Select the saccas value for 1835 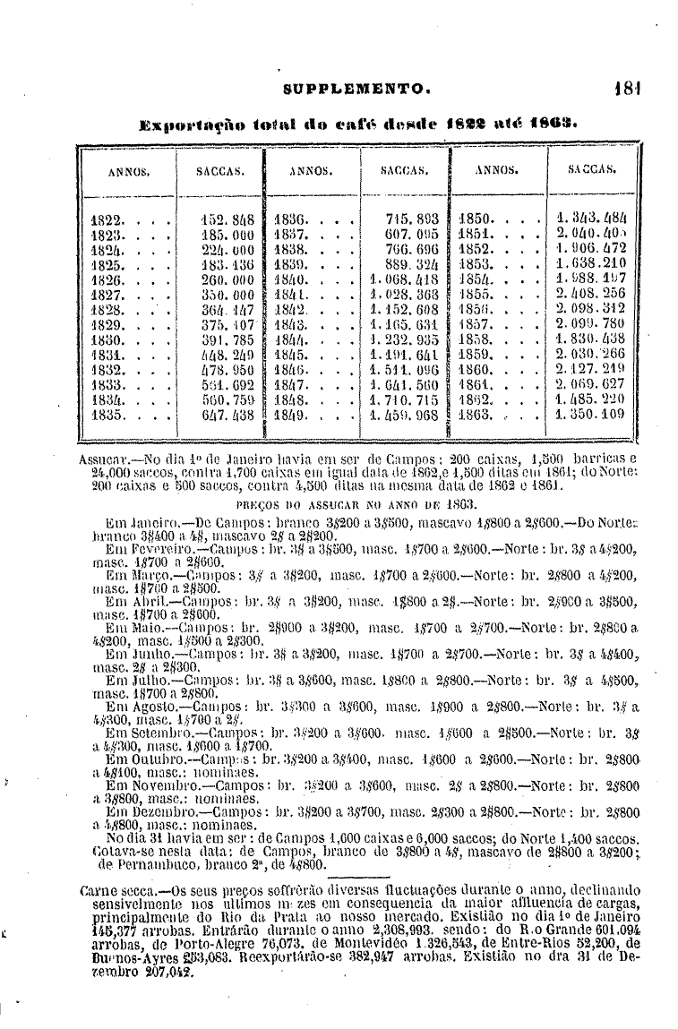(228, 416)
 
